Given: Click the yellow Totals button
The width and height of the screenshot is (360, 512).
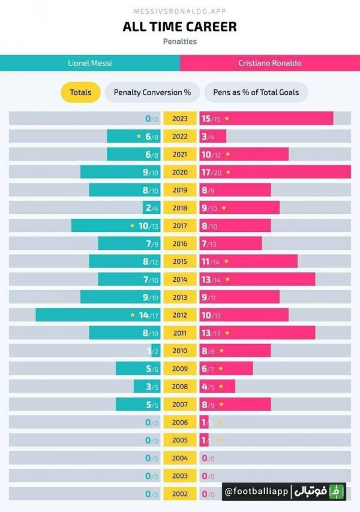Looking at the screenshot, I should pyautogui.click(x=80, y=92).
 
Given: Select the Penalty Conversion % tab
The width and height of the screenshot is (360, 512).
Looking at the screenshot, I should pyautogui.click(x=152, y=92).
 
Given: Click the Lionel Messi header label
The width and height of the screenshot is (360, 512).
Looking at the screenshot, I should pyautogui.click(x=89, y=63).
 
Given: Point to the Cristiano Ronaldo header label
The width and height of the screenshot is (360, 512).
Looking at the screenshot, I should pyautogui.click(x=269, y=63).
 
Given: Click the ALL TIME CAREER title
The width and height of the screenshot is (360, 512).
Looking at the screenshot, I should pyautogui.click(x=179, y=26).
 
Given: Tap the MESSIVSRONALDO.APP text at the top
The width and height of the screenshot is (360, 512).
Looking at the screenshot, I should pyautogui.click(x=179, y=11).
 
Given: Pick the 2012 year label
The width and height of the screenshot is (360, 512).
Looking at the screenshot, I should pyautogui.click(x=180, y=315).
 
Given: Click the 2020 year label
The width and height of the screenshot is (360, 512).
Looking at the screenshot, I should pyautogui.click(x=180, y=172).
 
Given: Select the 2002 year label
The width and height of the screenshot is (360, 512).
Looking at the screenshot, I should pyautogui.click(x=180, y=494).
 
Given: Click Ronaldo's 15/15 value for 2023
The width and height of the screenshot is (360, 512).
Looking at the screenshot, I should pyautogui.click(x=211, y=119).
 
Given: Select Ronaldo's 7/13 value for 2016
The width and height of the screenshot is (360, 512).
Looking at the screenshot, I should pyautogui.click(x=208, y=243).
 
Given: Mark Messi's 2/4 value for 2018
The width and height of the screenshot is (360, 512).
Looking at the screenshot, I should pyautogui.click(x=151, y=208).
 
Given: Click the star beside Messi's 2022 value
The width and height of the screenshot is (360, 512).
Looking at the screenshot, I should pyautogui.click(x=139, y=136).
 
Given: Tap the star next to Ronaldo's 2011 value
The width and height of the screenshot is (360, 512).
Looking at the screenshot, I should pyautogui.click(x=227, y=333).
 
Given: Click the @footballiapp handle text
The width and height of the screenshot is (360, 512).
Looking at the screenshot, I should pyautogui.click(x=257, y=492).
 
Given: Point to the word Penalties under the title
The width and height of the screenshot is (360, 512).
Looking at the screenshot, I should pyautogui.click(x=179, y=41).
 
